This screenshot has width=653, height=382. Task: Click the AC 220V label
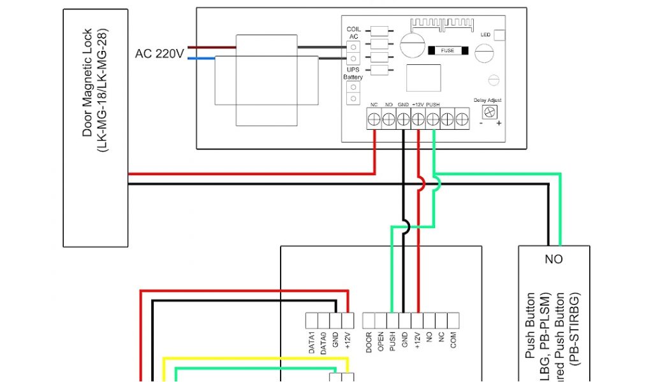pos(159,53)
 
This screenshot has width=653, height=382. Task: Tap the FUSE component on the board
pos(448,50)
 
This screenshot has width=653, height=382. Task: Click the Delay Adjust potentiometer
pos(490,111)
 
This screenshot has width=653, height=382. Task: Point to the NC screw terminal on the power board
pos(374,118)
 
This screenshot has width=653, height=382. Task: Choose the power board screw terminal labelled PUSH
pos(433,118)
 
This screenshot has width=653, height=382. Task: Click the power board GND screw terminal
pos(403,118)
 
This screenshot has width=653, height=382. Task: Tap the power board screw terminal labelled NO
pos(388,118)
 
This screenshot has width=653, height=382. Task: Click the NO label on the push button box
pos(554,260)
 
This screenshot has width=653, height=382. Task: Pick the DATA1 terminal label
pos(312,343)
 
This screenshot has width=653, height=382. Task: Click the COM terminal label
pos(453,340)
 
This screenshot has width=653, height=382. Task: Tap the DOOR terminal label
pos(369,341)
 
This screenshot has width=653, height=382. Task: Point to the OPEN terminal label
pos(381,341)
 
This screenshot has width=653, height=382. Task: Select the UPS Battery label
pos(353,73)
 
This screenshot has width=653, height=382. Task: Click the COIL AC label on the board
pos(353,33)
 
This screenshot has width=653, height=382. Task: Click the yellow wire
pos(255,359)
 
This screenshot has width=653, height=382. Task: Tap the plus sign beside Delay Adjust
pos(499,122)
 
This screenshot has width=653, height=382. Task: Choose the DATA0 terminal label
pos(324,343)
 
